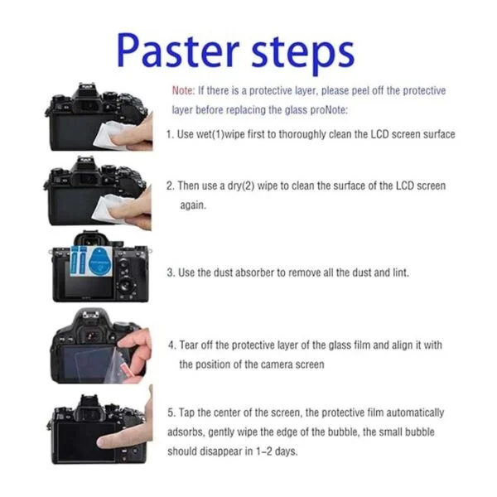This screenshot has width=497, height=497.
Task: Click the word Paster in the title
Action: [178, 51]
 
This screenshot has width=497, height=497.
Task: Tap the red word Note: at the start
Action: [183, 90]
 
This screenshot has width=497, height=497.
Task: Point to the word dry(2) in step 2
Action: [241, 186]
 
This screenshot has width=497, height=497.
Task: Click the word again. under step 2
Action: [193, 205]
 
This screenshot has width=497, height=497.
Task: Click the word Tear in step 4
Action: [190, 345]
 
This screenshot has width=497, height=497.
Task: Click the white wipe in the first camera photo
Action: [112, 134]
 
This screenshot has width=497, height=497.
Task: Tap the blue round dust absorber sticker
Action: [100, 261]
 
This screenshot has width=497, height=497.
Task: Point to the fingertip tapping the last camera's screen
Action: [102, 442]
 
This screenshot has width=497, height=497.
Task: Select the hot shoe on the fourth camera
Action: [94, 315]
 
